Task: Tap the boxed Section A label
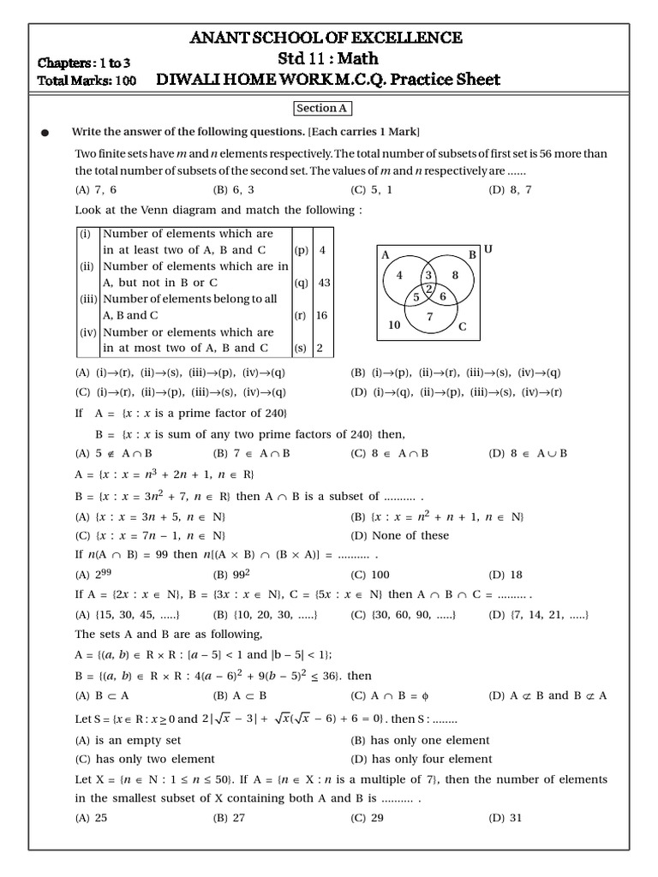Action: [x=323, y=109]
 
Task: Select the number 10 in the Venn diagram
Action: [x=394, y=325]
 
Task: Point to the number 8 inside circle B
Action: [x=455, y=275]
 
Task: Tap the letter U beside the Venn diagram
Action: [x=488, y=249]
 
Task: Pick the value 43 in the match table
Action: [x=324, y=283]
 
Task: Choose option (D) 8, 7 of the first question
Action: [x=510, y=190]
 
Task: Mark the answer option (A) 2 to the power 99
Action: [x=95, y=575]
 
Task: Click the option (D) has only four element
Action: [x=421, y=759]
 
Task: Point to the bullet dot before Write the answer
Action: [x=45, y=133]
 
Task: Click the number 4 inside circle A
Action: [x=399, y=275]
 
